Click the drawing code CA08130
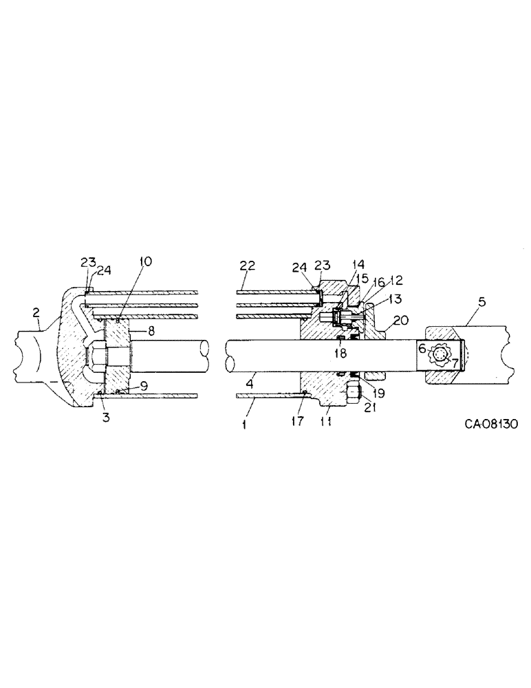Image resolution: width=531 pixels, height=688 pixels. pos(486,424)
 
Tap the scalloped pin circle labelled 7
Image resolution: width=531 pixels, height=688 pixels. pos(440,356)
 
